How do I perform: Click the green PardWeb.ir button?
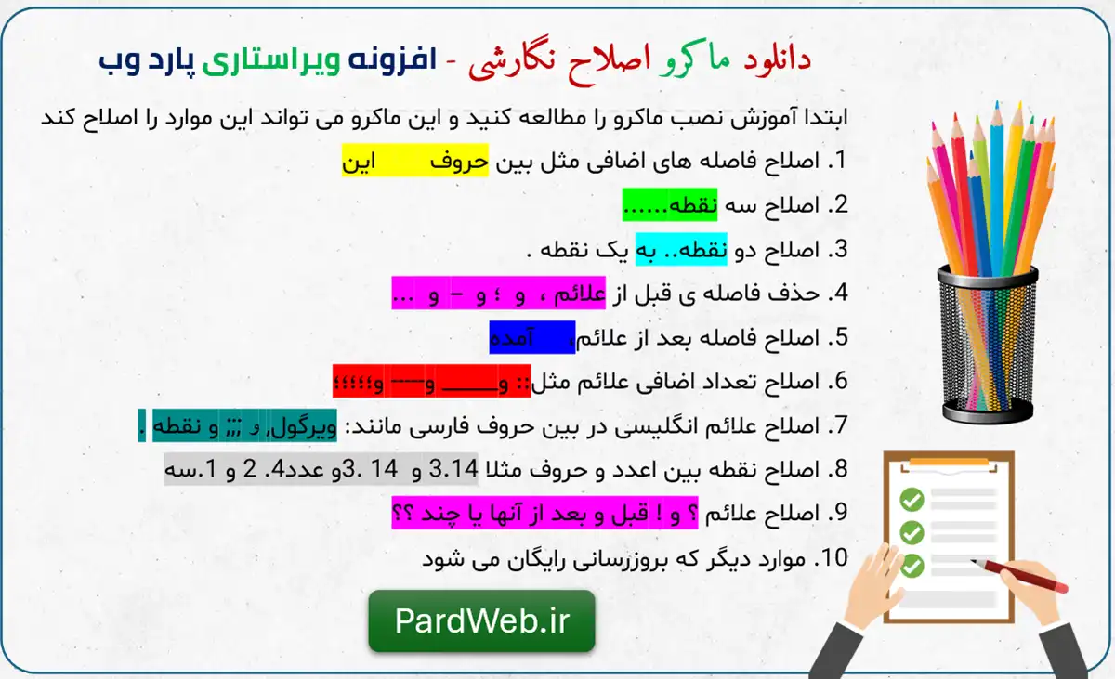(x=481, y=621)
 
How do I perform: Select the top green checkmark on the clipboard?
(x=912, y=501)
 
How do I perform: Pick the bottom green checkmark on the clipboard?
(x=912, y=564)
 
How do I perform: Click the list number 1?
(x=837, y=161)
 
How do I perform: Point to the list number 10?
(x=832, y=558)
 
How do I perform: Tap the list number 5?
(x=837, y=337)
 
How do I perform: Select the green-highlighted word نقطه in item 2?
(x=696, y=205)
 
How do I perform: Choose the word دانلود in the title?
(x=778, y=61)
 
